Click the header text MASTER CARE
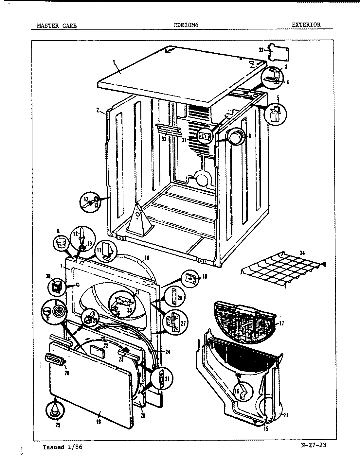pyautogui.click(x=56, y=26)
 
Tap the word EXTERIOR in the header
pyautogui.click(x=306, y=25)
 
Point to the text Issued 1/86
pyautogui.click(x=63, y=447)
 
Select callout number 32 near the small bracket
pyautogui.click(x=261, y=50)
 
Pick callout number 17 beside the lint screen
pyautogui.click(x=281, y=323)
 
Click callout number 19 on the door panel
pyautogui.click(x=98, y=422)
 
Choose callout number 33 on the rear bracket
pyautogui.click(x=164, y=139)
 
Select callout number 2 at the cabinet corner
pyautogui.click(x=98, y=110)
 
